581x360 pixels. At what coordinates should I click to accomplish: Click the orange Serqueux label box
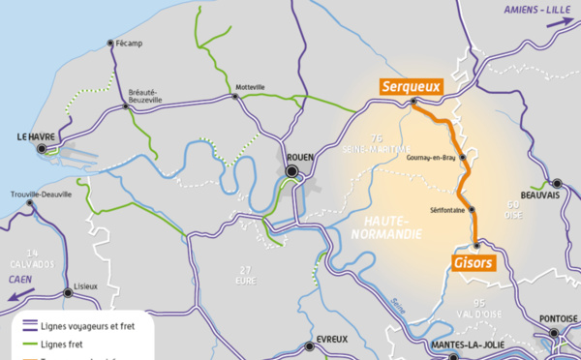click(411, 86)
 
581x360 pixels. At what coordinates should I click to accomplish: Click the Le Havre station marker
click(41, 150)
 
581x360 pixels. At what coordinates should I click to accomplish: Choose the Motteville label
click(250, 86)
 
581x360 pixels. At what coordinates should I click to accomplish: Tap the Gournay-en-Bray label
click(436, 157)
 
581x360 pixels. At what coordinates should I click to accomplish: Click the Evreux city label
click(331, 340)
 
